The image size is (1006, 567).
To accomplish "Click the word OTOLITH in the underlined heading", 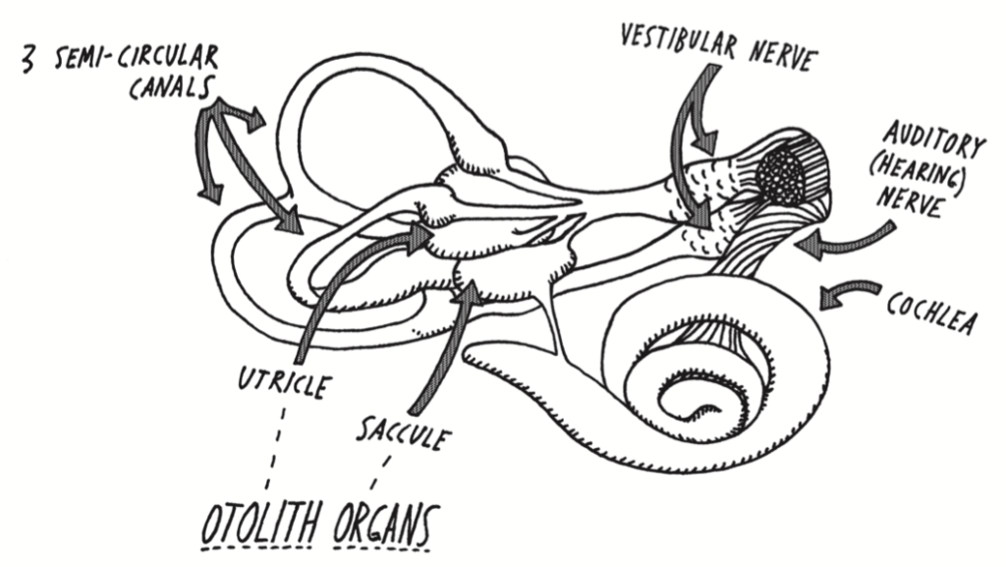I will tap(259, 525).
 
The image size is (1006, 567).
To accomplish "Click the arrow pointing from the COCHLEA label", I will tap(851, 294).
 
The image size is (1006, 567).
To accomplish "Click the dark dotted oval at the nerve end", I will tap(784, 176).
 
